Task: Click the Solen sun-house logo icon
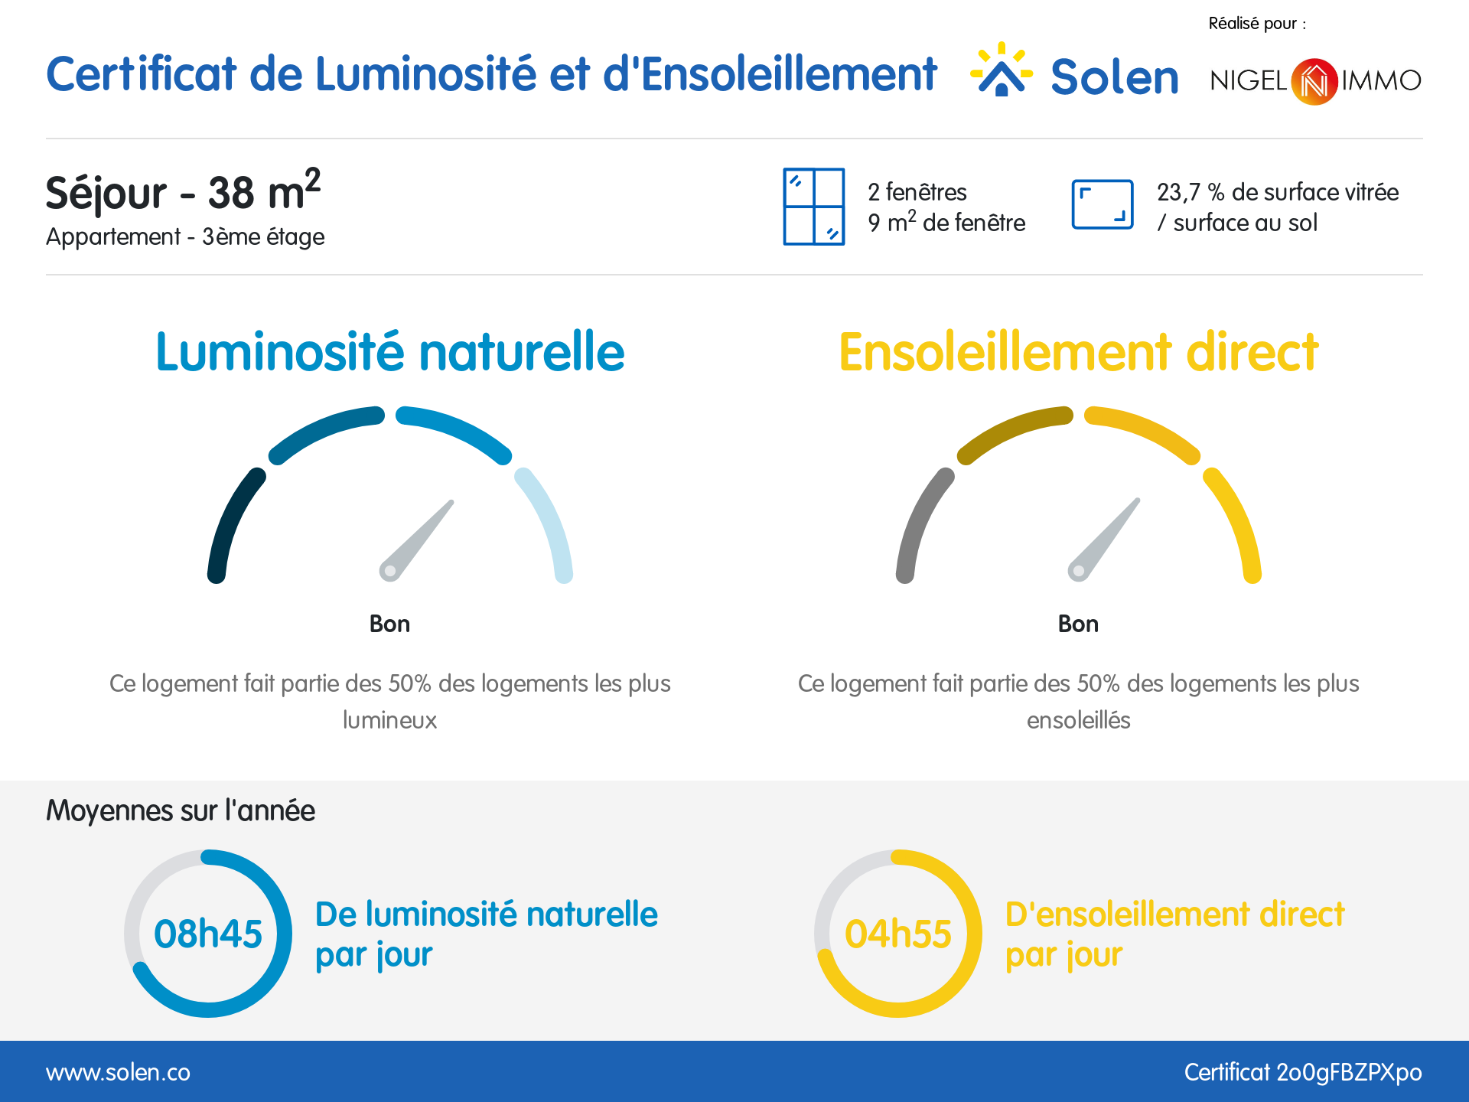1001,71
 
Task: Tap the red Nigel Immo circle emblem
1314,81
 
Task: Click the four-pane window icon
813,207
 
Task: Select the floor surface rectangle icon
1102,204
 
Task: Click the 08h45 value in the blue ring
208,934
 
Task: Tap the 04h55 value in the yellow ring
897,934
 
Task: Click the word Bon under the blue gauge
389,624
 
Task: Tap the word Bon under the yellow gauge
1078,624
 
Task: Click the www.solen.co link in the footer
118,1072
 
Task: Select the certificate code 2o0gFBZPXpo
1348,1072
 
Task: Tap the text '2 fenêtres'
917,192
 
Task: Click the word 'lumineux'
389,720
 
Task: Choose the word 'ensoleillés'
1078,720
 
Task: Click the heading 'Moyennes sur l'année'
181,810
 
